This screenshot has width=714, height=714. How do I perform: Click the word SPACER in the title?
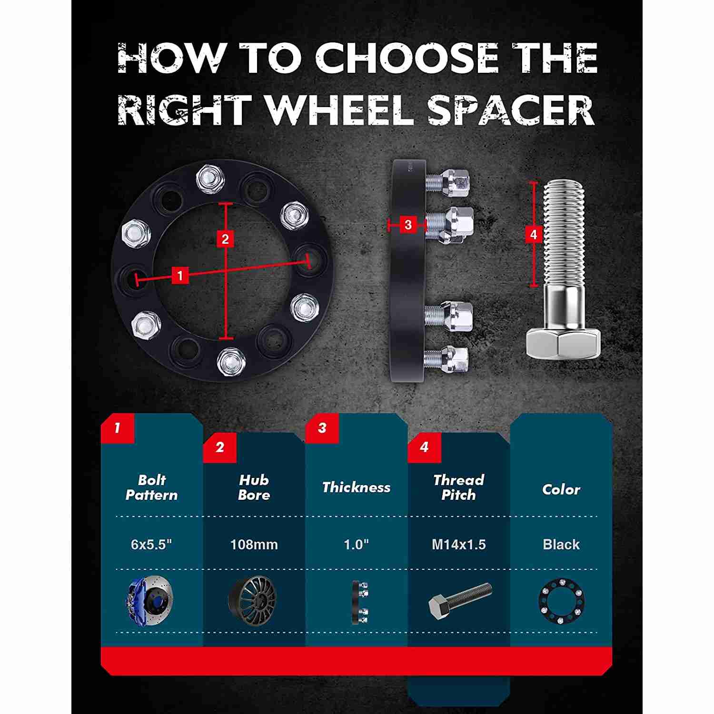click(511, 110)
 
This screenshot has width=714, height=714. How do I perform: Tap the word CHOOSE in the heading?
click(406, 58)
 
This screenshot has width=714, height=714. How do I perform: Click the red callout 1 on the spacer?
click(180, 275)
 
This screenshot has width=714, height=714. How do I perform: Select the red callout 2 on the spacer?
click(225, 238)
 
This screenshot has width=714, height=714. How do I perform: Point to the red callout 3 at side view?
click(408, 225)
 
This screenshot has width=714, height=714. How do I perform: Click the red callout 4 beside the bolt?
click(533, 234)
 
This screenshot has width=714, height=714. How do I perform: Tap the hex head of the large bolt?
click(563, 344)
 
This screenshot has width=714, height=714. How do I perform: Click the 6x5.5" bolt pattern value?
click(151, 544)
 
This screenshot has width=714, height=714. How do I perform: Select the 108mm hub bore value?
click(254, 544)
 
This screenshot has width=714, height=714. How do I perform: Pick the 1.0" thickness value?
click(357, 544)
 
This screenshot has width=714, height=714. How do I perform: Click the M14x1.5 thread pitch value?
click(459, 544)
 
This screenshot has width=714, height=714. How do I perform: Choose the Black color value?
click(561, 544)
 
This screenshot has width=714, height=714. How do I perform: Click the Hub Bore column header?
click(254, 487)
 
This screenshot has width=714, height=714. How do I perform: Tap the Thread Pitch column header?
click(459, 487)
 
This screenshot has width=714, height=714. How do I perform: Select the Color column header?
click(561, 489)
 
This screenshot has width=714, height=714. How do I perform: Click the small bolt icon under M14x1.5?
click(460, 601)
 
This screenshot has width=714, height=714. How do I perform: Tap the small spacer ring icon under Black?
click(561, 600)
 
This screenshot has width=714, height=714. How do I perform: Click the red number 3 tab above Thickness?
click(322, 427)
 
